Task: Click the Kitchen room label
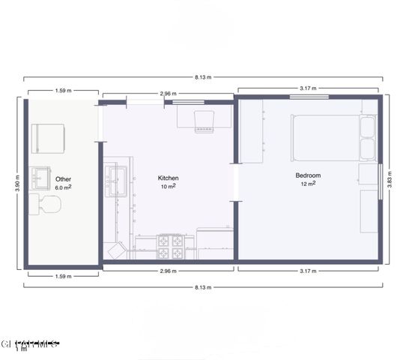pyautogui.click(x=168, y=178)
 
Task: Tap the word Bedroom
pyautogui.click(x=309, y=175)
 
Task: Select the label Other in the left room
pyautogui.click(x=63, y=178)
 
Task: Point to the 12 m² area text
pyautogui.click(x=309, y=184)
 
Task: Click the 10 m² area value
pyautogui.click(x=168, y=186)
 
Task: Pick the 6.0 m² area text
pyautogui.click(x=63, y=187)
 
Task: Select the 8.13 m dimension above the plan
pyautogui.click(x=203, y=77)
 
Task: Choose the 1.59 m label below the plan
pyautogui.click(x=63, y=276)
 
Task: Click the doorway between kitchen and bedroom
pyautogui.click(x=235, y=181)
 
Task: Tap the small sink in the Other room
pyautogui.click(x=41, y=178)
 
